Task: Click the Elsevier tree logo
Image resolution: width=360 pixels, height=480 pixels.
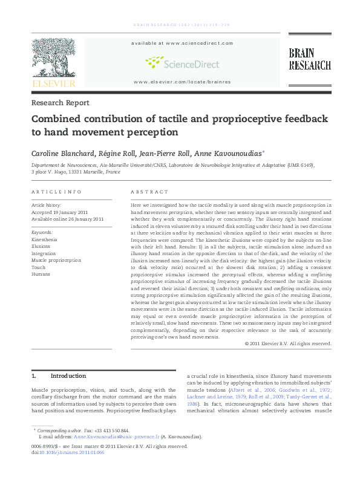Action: (53, 57)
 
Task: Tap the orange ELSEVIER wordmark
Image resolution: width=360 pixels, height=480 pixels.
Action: (53, 83)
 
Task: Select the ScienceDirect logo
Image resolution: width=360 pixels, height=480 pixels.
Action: (182, 62)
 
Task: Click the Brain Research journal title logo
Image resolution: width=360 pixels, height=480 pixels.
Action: (309, 59)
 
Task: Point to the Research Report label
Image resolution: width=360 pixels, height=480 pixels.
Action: (60, 103)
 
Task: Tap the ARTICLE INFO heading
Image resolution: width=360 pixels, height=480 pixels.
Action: (56, 192)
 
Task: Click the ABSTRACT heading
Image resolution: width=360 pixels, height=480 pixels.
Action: (149, 192)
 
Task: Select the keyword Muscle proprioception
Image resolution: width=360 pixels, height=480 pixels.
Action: (56, 260)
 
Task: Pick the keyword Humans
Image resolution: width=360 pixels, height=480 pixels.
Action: (41, 274)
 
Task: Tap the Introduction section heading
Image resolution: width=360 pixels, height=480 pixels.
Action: (68, 375)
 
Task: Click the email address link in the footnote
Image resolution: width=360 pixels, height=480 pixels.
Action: (116, 435)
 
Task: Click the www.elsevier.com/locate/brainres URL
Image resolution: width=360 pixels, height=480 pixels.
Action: (182, 81)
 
